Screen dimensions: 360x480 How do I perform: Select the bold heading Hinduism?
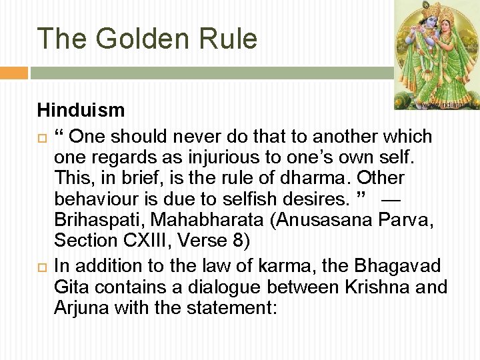(81, 109)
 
